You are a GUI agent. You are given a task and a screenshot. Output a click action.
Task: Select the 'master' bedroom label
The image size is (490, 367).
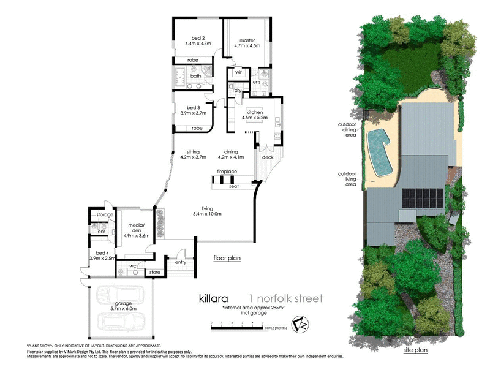coord(247,39)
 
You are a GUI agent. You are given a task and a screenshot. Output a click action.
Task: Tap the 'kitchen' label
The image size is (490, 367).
coord(255,113)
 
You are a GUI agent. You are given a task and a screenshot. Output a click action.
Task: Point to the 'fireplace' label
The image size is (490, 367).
coord(227,172)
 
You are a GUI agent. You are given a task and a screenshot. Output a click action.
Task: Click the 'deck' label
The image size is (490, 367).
coord(267,157)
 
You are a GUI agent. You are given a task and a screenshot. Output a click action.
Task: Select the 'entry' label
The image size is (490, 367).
coord(180,262)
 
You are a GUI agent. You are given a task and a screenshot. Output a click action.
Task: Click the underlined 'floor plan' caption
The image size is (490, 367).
coord(227,258)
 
